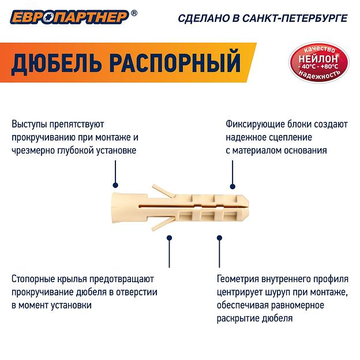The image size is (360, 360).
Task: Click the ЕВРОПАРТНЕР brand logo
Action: (x=70, y=17)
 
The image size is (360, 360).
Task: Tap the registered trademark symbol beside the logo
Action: (x=134, y=13)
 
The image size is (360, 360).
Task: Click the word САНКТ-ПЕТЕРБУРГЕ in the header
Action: (x=295, y=18)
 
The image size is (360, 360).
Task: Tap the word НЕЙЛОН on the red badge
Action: (x=318, y=59)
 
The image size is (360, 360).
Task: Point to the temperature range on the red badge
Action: (x=318, y=66)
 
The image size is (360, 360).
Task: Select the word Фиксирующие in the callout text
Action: (x=255, y=125)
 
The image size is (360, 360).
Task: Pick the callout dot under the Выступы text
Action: (x=115, y=185)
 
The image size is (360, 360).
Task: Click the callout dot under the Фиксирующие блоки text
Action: (x=232, y=186)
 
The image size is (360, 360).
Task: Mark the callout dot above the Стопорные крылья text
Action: (x=170, y=238)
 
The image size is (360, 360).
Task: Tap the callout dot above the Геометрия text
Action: (x=219, y=238)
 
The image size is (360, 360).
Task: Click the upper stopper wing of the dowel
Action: (x=164, y=191)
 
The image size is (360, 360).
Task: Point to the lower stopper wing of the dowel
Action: (x=163, y=223)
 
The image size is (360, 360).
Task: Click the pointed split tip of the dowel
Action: (x=246, y=208)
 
